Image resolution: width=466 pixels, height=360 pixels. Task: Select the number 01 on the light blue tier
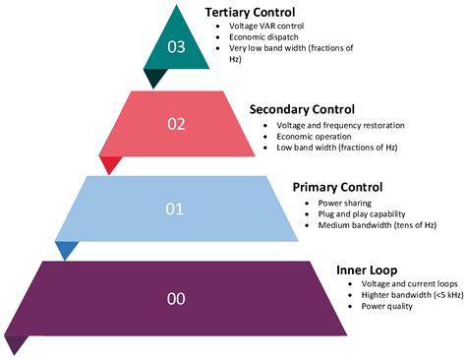[x=175, y=208]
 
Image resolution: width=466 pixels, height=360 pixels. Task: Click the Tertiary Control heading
[x=254, y=11]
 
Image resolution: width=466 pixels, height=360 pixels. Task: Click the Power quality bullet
[x=375, y=306]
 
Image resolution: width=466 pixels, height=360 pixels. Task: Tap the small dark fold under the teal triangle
[x=154, y=79]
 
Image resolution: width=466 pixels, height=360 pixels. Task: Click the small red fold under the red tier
[x=110, y=164]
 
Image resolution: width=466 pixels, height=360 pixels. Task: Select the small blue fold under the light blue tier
[x=65, y=250]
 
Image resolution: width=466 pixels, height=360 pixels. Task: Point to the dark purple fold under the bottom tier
[x=16, y=343]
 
